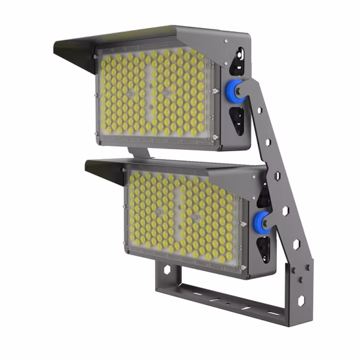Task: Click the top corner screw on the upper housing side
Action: click(x=226, y=43)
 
